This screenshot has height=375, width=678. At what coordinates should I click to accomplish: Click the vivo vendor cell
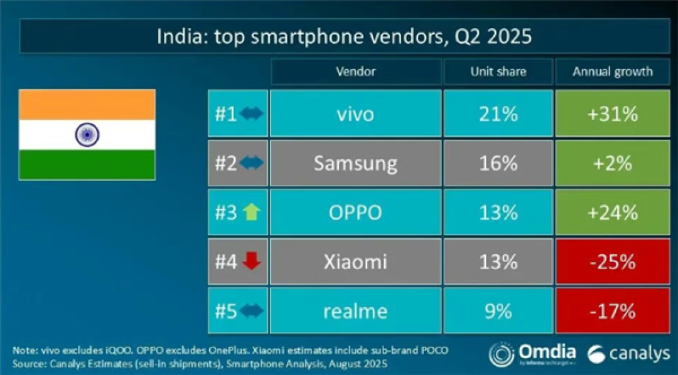pyautogui.click(x=356, y=114)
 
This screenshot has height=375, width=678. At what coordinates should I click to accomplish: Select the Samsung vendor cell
pyautogui.click(x=356, y=163)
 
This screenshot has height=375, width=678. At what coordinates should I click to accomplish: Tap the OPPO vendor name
pyautogui.click(x=355, y=213)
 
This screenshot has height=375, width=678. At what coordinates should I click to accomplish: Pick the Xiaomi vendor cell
pyautogui.click(x=356, y=261)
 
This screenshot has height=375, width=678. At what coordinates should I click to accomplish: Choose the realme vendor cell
pyautogui.click(x=356, y=310)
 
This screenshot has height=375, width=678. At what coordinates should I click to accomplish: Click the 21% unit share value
pyautogui.click(x=498, y=114)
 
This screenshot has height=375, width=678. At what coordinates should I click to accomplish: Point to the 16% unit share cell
pyautogui.click(x=498, y=163)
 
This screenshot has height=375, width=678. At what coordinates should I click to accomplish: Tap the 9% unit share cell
pyautogui.click(x=498, y=310)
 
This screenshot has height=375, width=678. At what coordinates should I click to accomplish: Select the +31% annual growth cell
pyautogui.click(x=612, y=114)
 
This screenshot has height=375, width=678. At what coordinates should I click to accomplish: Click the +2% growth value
pyautogui.click(x=613, y=164)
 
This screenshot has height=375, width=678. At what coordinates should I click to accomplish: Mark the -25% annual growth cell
pyautogui.click(x=612, y=261)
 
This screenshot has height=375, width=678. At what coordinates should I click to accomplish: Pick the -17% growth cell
pyautogui.click(x=612, y=310)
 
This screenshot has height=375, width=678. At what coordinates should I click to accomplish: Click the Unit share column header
pyautogui.click(x=498, y=71)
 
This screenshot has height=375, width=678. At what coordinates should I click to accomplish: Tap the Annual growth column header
pyautogui.click(x=612, y=71)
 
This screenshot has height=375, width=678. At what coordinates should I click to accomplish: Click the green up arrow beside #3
pyautogui.click(x=252, y=212)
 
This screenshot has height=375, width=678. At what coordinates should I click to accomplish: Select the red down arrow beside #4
pyautogui.click(x=252, y=261)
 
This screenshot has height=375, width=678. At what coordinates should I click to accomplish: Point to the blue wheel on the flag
pyautogui.click(x=87, y=134)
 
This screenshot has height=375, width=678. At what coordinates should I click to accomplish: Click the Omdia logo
pyautogui.click(x=533, y=354)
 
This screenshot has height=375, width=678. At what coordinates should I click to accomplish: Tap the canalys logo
pyautogui.click(x=628, y=354)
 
